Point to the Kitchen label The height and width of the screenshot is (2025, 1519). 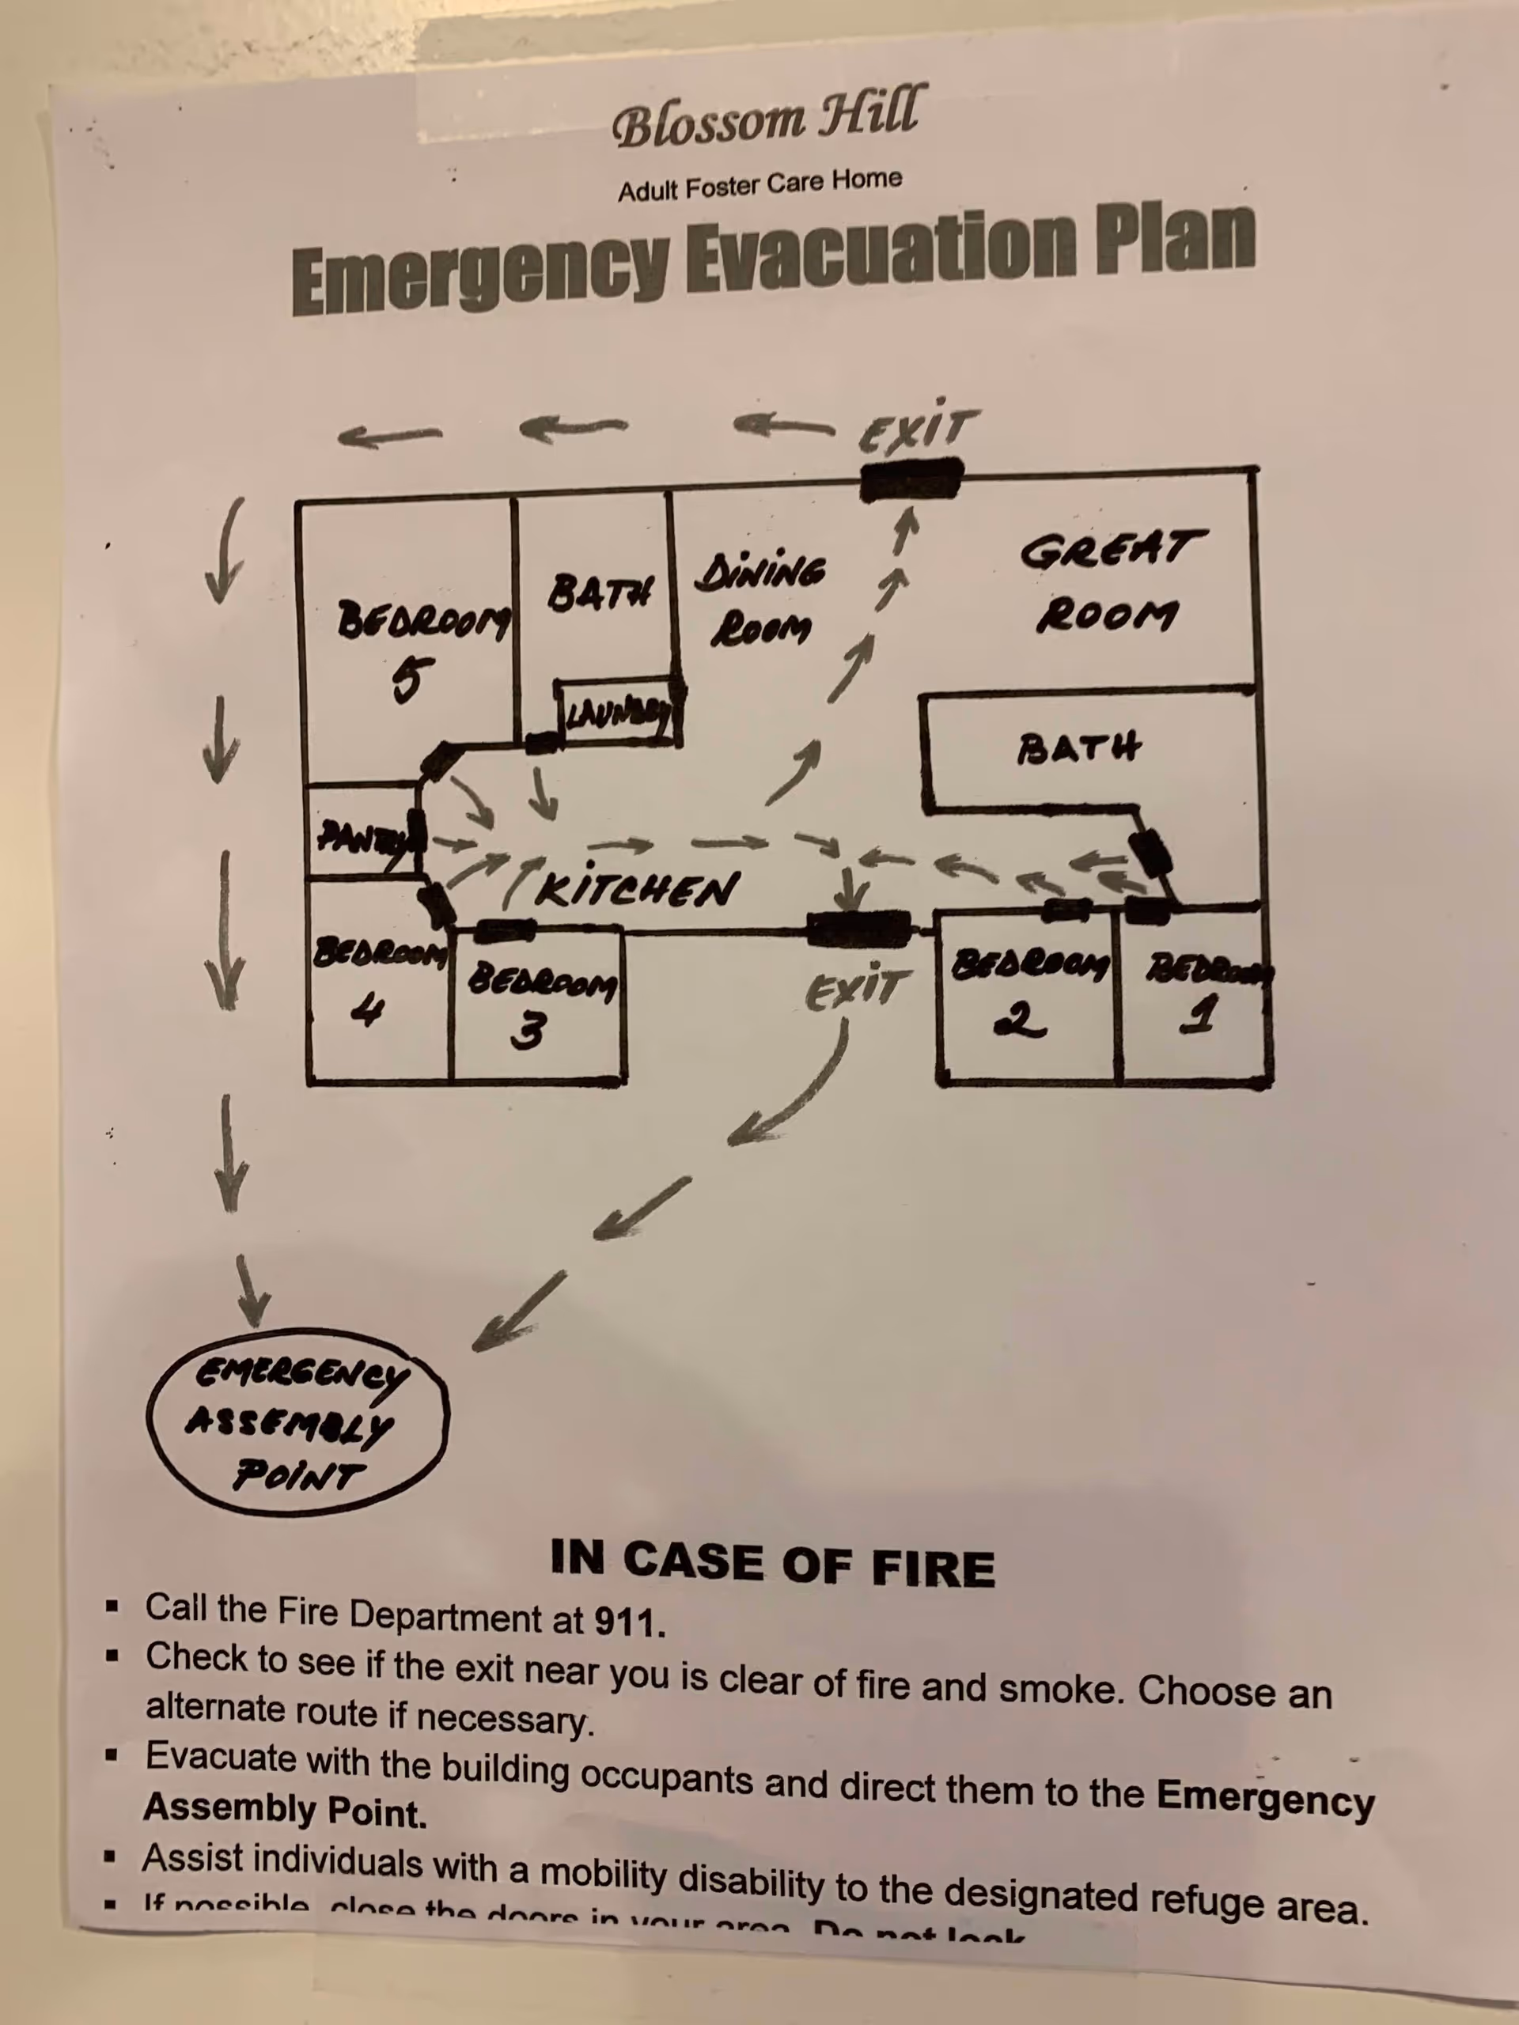point(637,888)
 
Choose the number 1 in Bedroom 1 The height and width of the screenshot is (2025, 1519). point(1199,1014)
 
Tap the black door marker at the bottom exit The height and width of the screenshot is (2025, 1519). point(857,930)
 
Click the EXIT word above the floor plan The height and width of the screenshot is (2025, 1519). point(918,430)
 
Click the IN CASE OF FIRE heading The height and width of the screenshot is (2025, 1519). point(772,1563)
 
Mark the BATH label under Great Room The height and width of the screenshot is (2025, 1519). point(1078,748)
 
